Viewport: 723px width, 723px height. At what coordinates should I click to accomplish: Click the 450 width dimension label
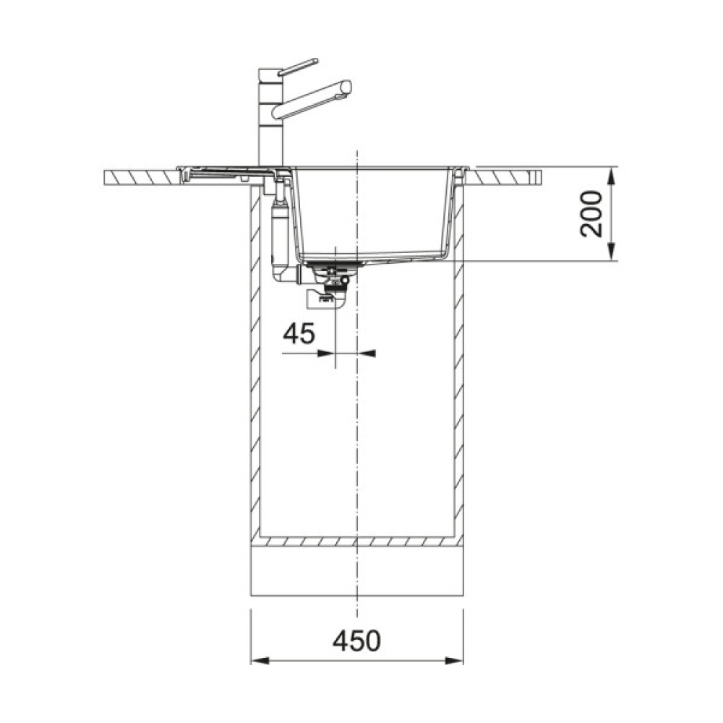pyautogui.click(x=357, y=641)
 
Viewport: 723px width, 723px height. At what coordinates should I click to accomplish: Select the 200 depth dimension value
pyautogui.click(x=591, y=214)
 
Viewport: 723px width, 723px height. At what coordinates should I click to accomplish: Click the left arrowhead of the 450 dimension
pyautogui.click(x=260, y=661)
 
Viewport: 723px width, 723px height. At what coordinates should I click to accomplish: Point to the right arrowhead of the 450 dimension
pyautogui.click(x=454, y=661)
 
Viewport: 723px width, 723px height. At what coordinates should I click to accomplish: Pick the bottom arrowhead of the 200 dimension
pyautogui.click(x=612, y=252)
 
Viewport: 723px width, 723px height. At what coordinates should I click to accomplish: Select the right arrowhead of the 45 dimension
pyautogui.click(x=367, y=354)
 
